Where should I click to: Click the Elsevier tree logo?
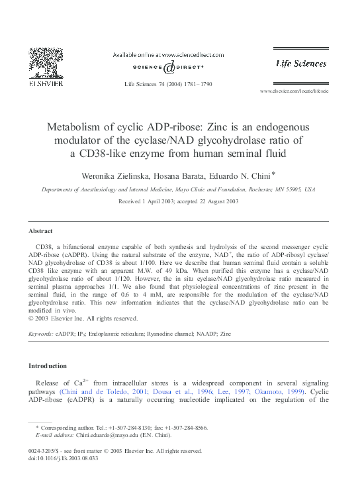[44, 65]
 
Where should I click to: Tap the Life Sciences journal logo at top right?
[301, 64]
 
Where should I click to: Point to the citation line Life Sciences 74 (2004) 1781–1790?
[168, 85]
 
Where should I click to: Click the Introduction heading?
[47, 366]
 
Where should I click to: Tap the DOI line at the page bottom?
[65, 458]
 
